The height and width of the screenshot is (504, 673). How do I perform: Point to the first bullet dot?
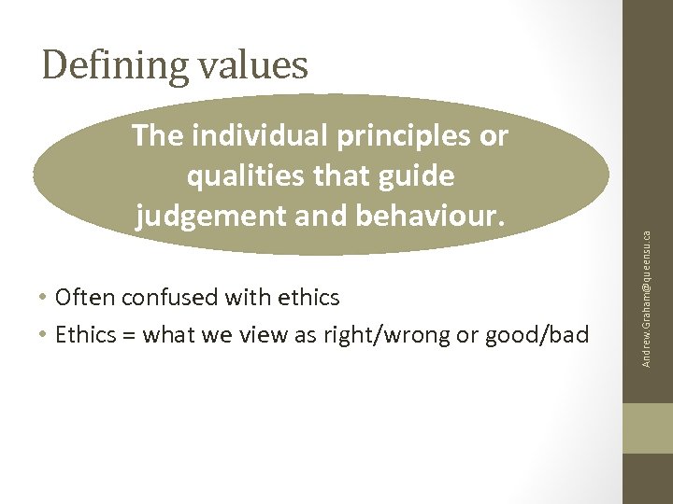click(45, 299)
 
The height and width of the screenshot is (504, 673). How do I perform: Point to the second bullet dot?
click(45, 335)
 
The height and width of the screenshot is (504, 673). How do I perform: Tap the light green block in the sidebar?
click(648, 429)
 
